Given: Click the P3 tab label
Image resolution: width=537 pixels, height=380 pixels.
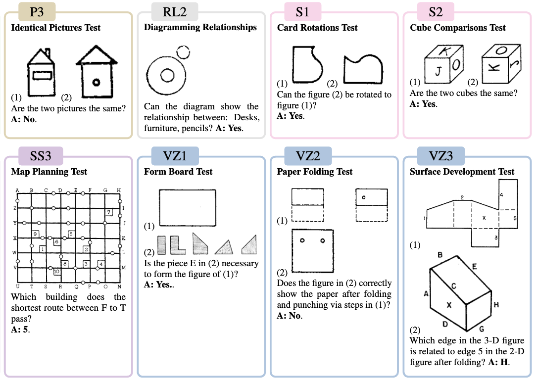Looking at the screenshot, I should [37, 11].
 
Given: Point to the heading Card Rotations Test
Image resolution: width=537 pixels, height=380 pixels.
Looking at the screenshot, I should [317, 28].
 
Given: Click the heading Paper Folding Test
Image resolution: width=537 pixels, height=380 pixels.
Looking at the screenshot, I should [315, 172].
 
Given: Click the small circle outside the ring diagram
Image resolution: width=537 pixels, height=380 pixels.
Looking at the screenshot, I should [183, 51].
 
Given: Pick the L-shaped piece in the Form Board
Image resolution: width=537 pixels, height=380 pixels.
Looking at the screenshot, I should [176, 245].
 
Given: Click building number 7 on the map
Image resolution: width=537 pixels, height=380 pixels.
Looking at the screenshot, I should [108, 212].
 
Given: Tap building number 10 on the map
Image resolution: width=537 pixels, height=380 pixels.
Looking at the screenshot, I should [57, 271].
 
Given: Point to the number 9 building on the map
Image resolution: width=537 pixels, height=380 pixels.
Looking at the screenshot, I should [35, 234].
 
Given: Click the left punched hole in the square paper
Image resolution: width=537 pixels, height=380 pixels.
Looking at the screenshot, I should [301, 241].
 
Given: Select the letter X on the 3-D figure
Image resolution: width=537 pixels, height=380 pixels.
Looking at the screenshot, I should [449, 305].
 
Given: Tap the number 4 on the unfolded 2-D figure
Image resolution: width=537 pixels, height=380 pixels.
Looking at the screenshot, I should [501, 195].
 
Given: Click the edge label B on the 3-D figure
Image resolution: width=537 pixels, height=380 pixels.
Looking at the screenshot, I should [439, 255].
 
